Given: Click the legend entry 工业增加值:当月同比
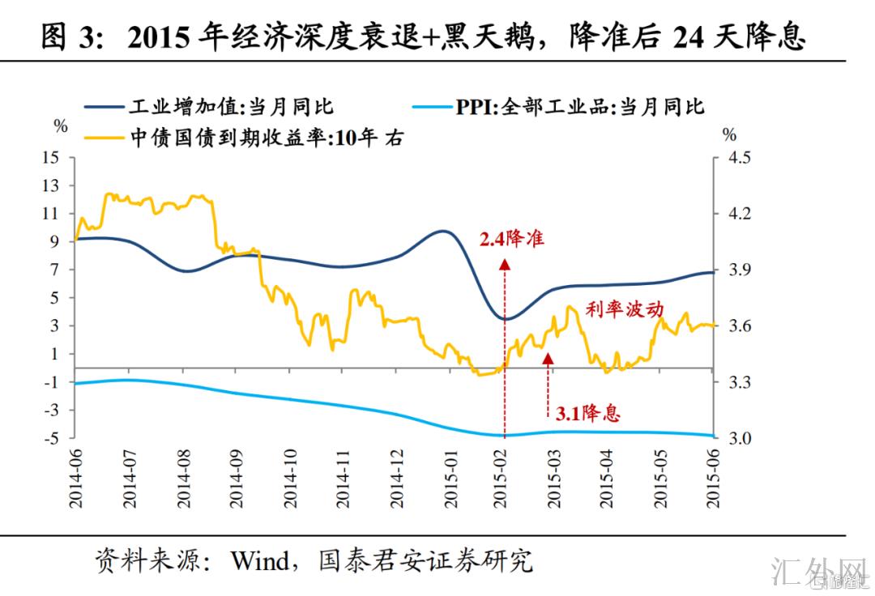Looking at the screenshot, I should [x=231, y=107].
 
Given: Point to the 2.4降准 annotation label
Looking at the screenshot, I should [x=511, y=240].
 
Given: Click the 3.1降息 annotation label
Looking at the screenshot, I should [x=588, y=413].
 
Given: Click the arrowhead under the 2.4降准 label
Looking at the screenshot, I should [x=505, y=263].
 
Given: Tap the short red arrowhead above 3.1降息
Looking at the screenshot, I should [x=548, y=359].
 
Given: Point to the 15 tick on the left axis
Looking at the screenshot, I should [x=50, y=157].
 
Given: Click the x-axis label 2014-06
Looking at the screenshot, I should [x=76, y=479].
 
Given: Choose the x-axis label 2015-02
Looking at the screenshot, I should [x=502, y=479].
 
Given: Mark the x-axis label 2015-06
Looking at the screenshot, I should [x=714, y=479].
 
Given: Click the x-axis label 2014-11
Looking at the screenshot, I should [x=342, y=479].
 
